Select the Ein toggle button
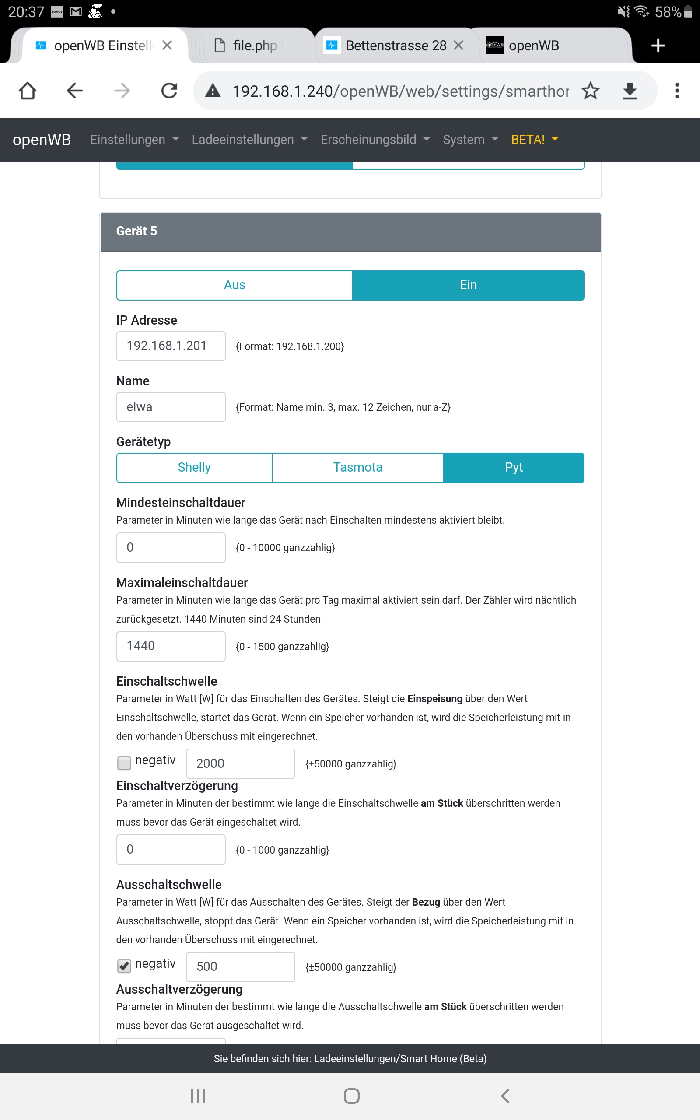pos(468,285)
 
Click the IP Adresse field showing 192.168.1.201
pos(171,346)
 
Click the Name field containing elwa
pos(171,407)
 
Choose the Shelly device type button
pos(194,467)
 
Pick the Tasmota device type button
pos(357,467)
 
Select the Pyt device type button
pos(514,467)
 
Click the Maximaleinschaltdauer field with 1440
pos(171,646)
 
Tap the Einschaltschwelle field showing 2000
pos(240,763)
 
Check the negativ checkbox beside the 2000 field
pos(124,762)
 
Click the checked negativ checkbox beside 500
pos(124,966)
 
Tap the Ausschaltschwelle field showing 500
pos(240,966)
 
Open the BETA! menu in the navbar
pos(534,140)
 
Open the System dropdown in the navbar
pos(470,140)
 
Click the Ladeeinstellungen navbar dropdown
pos(249,140)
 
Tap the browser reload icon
pos(169,91)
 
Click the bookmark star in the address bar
pos(590,91)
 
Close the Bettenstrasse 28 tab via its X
pos(458,45)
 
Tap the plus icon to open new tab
pos(658,45)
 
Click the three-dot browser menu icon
pos(677,91)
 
